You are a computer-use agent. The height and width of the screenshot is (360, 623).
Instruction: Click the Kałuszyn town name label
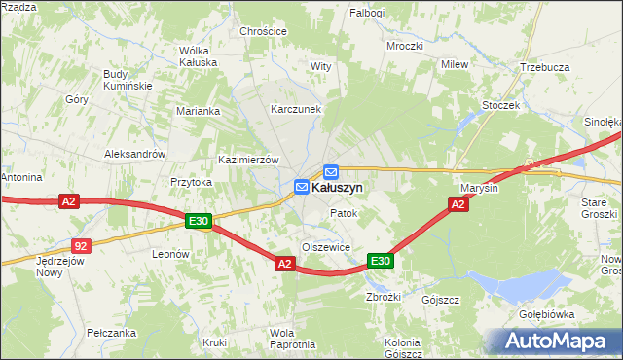[338, 186]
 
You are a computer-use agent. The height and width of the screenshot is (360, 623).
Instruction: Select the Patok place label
[344, 213]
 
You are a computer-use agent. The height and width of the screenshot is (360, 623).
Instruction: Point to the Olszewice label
[325, 247]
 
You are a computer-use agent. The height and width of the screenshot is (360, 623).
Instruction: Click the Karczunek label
[296, 110]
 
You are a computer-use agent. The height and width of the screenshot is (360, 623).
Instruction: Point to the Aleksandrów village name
[135, 154]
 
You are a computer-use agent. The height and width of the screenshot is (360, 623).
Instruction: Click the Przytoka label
[191, 182]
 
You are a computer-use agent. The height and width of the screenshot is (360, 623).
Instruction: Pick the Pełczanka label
[109, 332]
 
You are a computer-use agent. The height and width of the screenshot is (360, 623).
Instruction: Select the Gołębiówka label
[546, 315]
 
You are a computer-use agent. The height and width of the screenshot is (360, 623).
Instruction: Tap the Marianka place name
[199, 111]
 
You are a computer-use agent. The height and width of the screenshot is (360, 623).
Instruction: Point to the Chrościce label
[264, 31]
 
